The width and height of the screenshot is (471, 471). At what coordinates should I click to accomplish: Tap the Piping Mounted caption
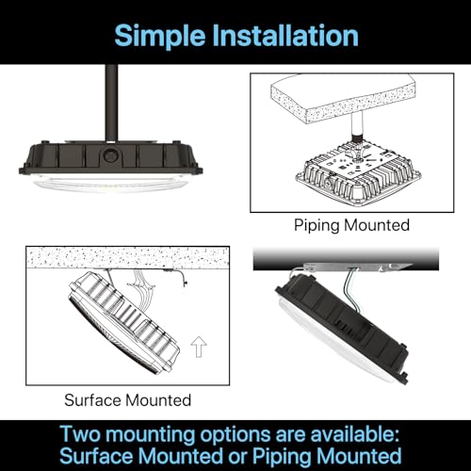tap(351, 225)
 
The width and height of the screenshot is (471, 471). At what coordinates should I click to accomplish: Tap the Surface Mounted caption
tap(127, 399)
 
